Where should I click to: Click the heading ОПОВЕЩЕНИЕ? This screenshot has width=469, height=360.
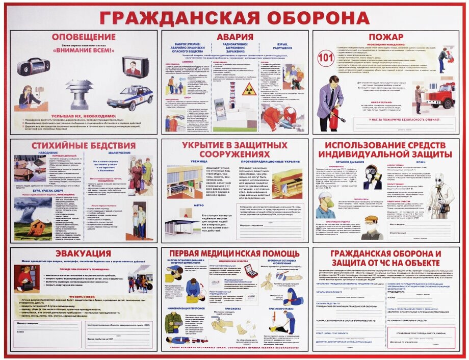pos(84,37)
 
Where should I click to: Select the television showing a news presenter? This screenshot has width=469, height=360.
pos(135,67)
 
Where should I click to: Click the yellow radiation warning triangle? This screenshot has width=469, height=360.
pos(249,90)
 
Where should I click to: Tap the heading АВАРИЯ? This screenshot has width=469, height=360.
pos(234,37)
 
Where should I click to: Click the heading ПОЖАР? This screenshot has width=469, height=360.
pos(386,37)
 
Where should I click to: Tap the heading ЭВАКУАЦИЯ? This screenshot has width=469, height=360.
pos(84,253)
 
